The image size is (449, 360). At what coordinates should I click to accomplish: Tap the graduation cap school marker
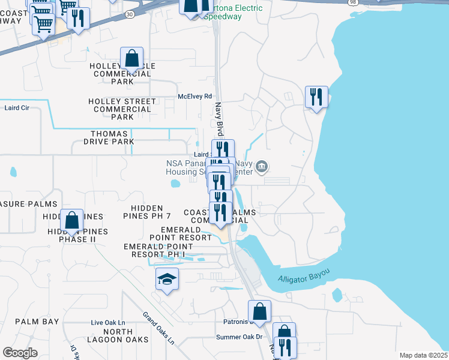point(167,279)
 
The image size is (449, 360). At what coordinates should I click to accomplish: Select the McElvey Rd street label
point(195,96)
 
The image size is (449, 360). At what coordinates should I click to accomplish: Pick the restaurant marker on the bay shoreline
point(316,97)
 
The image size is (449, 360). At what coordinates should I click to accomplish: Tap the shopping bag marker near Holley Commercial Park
point(132,59)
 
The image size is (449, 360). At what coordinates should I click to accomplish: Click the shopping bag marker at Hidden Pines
point(72,221)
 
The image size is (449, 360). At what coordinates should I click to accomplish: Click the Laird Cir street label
point(17,108)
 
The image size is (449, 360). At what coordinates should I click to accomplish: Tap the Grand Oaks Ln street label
point(158,328)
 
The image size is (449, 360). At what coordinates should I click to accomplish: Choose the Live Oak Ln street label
point(108,322)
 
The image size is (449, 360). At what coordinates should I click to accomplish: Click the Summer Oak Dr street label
point(240,337)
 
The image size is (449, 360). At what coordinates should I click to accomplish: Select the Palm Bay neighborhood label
point(37,322)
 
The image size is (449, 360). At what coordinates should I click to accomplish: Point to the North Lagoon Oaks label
point(126,335)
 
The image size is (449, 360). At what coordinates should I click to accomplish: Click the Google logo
point(20,352)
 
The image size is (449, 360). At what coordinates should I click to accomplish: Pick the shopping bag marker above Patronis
point(259,311)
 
